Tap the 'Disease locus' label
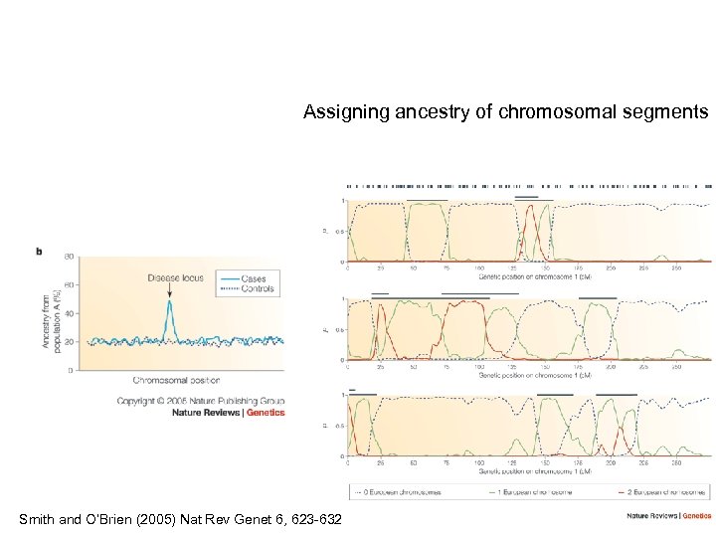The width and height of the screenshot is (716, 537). point(176,277)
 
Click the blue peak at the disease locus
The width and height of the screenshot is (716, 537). point(170,303)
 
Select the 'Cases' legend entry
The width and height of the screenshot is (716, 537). point(253,278)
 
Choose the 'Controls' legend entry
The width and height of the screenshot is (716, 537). point(257,289)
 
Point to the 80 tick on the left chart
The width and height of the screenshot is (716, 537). point(69,257)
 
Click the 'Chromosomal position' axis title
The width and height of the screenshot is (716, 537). point(176,380)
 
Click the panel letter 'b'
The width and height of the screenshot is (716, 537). point(39,251)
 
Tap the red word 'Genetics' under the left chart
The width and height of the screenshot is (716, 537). point(266,413)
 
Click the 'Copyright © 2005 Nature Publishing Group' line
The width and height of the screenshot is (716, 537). point(201,401)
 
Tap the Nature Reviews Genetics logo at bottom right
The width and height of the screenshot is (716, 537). point(668,515)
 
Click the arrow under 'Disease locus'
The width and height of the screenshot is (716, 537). point(170,289)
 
